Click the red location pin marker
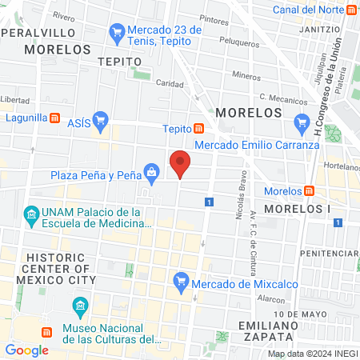(x=181, y=164)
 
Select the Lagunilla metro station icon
(x=54, y=118)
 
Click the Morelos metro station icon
(x=310, y=191)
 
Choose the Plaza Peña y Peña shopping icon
(x=150, y=171)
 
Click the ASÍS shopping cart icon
(x=101, y=122)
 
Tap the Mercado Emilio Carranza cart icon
(x=302, y=122)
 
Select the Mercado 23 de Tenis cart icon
(x=118, y=33)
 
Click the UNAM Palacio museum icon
(x=32, y=214)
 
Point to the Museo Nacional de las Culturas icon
(x=80, y=306)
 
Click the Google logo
(x=26, y=350)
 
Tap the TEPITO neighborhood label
(x=118, y=61)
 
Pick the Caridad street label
(x=170, y=83)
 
